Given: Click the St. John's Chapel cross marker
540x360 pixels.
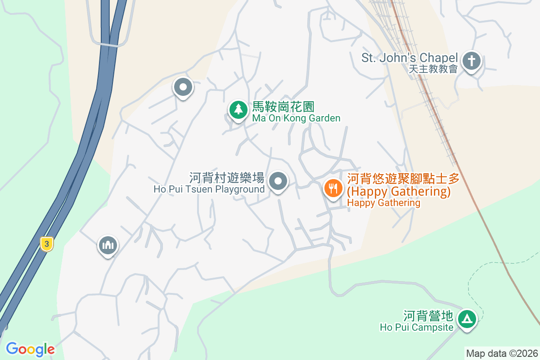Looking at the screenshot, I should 472,60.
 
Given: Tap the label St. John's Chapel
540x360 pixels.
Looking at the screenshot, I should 409,58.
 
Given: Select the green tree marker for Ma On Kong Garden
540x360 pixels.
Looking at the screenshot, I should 238,109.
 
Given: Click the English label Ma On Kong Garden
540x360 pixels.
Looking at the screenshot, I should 296,118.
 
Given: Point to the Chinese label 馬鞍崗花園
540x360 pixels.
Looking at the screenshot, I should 283,107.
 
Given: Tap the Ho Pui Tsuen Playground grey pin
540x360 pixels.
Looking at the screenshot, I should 278,182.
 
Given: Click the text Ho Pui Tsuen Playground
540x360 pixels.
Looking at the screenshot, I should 209,189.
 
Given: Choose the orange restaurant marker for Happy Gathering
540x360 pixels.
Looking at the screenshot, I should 333,188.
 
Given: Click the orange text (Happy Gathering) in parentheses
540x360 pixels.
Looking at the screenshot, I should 399,192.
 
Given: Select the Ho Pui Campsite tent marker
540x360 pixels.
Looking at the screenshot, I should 467,319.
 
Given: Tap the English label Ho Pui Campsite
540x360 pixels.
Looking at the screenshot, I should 417,327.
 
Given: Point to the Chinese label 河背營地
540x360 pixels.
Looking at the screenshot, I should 428,315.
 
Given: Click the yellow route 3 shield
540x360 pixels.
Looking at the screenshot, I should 46,244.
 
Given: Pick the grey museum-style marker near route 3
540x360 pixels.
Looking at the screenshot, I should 108,245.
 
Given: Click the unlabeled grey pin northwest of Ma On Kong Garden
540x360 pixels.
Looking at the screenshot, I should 183,88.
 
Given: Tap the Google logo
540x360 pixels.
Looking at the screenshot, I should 31,349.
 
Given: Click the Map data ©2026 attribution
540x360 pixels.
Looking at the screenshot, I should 502,353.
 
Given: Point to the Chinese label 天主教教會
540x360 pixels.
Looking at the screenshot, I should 433,69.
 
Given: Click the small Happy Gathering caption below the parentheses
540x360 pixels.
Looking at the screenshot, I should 383,203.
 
